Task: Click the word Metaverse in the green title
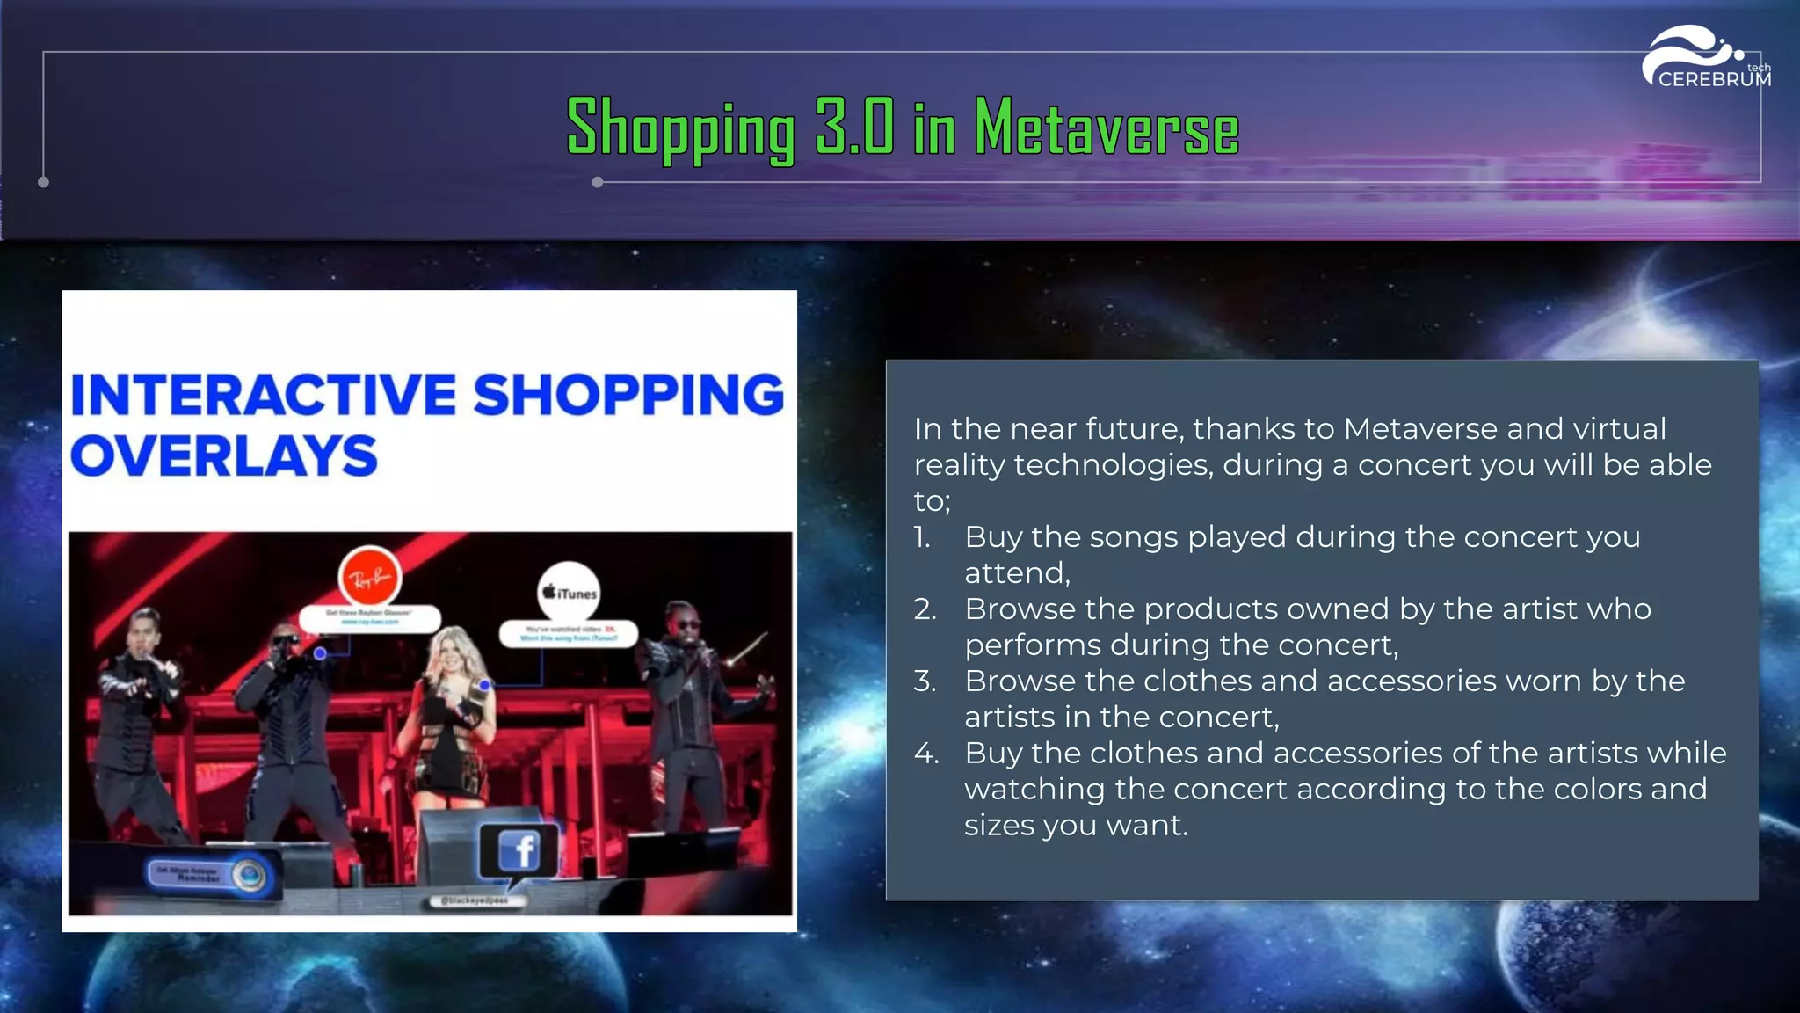tap(1107, 128)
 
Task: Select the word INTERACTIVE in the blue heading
tap(263, 395)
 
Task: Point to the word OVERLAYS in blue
tap(224, 455)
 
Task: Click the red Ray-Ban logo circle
tap(370, 577)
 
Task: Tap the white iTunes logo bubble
tap(570, 592)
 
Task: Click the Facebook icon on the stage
tap(519, 849)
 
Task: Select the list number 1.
tap(921, 537)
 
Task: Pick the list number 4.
tap(925, 754)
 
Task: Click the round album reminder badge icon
tap(250, 875)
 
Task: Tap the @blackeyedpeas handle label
tap(475, 900)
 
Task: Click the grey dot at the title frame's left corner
tap(44, 182)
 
